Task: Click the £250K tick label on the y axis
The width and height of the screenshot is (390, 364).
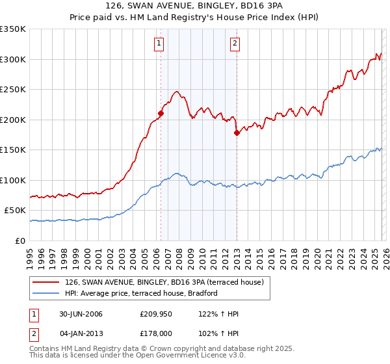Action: pos(13,89)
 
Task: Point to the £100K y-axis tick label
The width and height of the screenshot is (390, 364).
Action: pos(13,180)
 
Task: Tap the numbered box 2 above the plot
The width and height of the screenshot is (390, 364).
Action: pos(234,44)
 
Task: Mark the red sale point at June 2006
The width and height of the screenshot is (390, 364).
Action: pos(161,113)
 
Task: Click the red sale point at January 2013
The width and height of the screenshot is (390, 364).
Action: pos(237,133)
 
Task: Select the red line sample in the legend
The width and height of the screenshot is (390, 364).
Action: pos(45,282)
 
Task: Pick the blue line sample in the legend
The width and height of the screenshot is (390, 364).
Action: pos(45,293)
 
